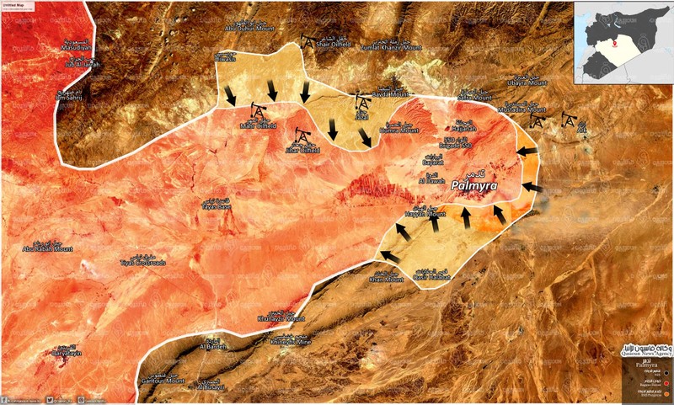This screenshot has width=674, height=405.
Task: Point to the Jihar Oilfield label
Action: [304, 151]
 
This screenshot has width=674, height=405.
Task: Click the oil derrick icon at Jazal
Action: [362, 101]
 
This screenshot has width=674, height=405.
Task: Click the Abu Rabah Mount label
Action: [47, 248]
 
